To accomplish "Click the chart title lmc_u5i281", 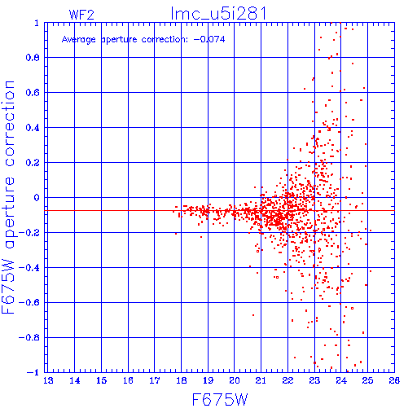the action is [218, 13].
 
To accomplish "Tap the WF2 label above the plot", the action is [81, 15].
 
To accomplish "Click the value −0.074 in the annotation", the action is [209, 39].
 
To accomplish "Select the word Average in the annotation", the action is [79, 40].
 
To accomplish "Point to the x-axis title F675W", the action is [220, 400].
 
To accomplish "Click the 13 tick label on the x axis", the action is [48, 380].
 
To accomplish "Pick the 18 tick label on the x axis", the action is [182, 380].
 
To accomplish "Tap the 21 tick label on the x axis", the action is [261, 380].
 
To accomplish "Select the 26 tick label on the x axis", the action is [394, 380].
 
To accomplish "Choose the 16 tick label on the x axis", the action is [128, 380].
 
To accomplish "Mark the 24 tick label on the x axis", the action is [341, 380].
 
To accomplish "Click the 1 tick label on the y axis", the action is [37, 23].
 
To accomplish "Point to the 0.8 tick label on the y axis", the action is [33, 58].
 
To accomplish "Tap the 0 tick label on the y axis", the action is [37, 197].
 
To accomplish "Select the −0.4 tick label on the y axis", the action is [29, 268].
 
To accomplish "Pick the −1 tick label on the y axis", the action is [33, 372].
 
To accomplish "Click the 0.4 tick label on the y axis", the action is [33, 128].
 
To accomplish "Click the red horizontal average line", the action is [219, 210].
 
